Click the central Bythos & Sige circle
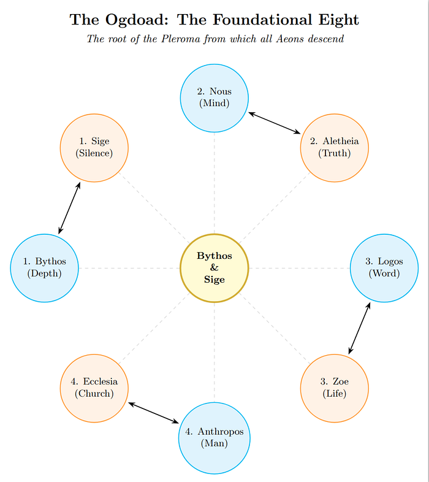tap(214, 268)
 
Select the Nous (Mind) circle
tap(214, 98)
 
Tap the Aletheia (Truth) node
tap(335, 148)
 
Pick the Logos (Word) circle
tap(384, 268)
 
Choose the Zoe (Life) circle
tap(335, 388)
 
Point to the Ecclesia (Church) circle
tap(94, 388)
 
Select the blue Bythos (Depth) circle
tap(45, 268)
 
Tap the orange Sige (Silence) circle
tap(94, 148)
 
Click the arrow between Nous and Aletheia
tap(275, 123)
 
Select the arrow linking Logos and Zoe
tap(360, 328)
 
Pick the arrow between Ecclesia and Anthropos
tap(153, 413)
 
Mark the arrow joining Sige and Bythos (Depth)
tap(69, 208)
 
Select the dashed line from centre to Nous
tap(214, 184)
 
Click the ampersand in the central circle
tap(214, 268)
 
